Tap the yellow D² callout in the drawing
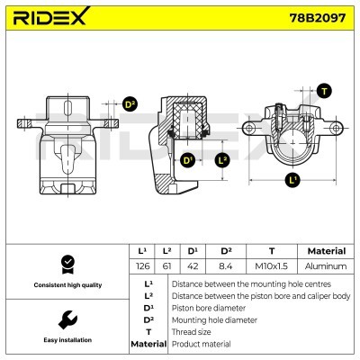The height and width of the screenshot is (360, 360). [130, 105]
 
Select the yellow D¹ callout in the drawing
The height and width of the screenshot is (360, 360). [188, 160]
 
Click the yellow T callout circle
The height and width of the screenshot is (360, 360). [324, 92]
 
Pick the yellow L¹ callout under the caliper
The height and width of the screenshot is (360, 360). [292, 180]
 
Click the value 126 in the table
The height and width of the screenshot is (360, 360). [142, 266]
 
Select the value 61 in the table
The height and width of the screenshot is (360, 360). [166, 266]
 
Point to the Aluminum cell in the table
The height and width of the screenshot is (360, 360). [326, 266]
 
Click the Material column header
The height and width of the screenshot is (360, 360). [326, 251]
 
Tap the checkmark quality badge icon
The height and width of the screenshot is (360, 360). [67, 264]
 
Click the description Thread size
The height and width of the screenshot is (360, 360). [192, 332]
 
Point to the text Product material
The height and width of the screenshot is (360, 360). [201, 344]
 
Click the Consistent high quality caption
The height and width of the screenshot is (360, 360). [67, 285]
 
